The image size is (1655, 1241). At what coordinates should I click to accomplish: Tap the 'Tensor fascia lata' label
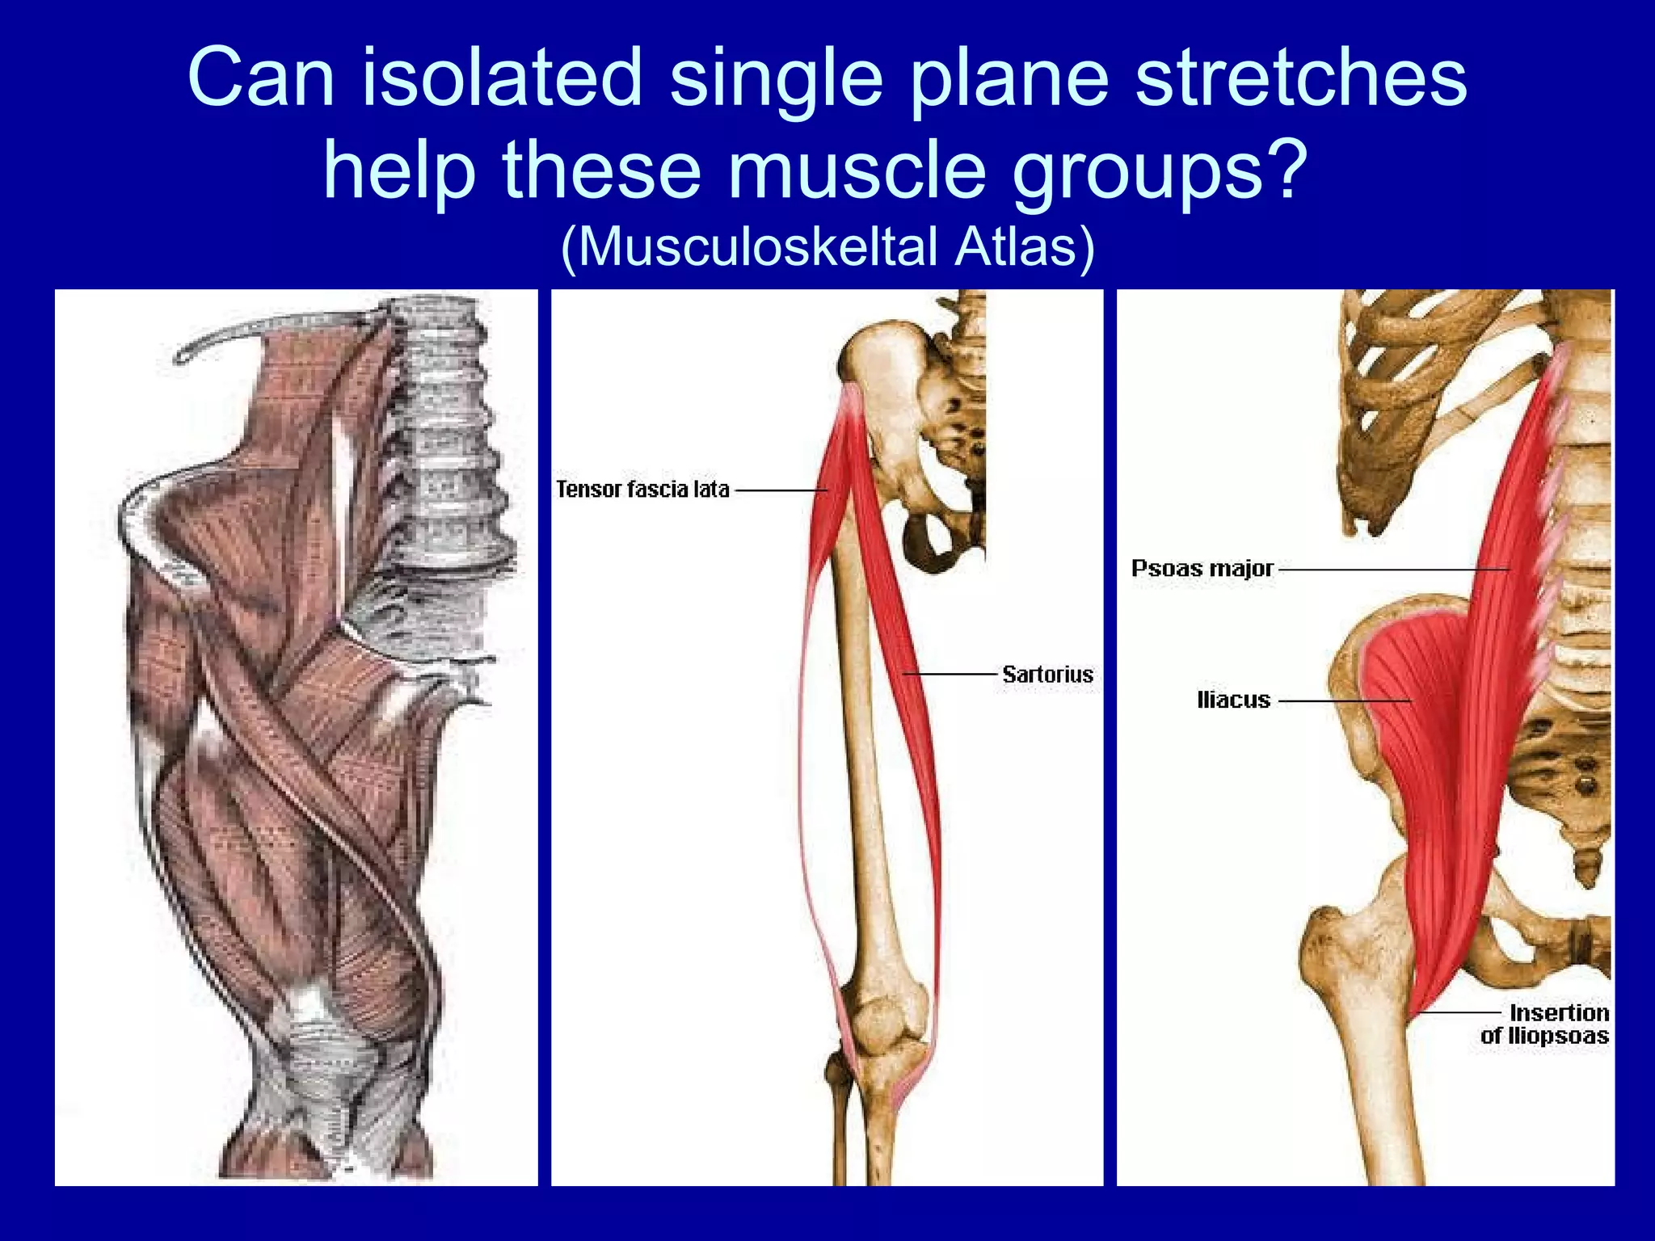pyautogui.click(x=642, y=490)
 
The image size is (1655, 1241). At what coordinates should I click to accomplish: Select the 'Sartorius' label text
pyautogui.click(x=1047, y=674)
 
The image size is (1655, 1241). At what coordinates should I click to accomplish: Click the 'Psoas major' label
pyautogui.click(x=1202, y=569)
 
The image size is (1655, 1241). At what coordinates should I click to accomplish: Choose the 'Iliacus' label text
pyautogui.click(x=1233, y=700)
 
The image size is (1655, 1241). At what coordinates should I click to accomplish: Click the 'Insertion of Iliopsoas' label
pyautogui.click(x=1545, y=1024)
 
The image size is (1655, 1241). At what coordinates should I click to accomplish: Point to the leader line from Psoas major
pyautogui.click(x=1390, y=570)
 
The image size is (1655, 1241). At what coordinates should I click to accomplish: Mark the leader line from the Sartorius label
pyautogui.click(x=954, y=673)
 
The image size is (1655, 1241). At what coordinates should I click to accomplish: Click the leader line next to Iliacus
pyautogui.click(x=1341, y=700)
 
